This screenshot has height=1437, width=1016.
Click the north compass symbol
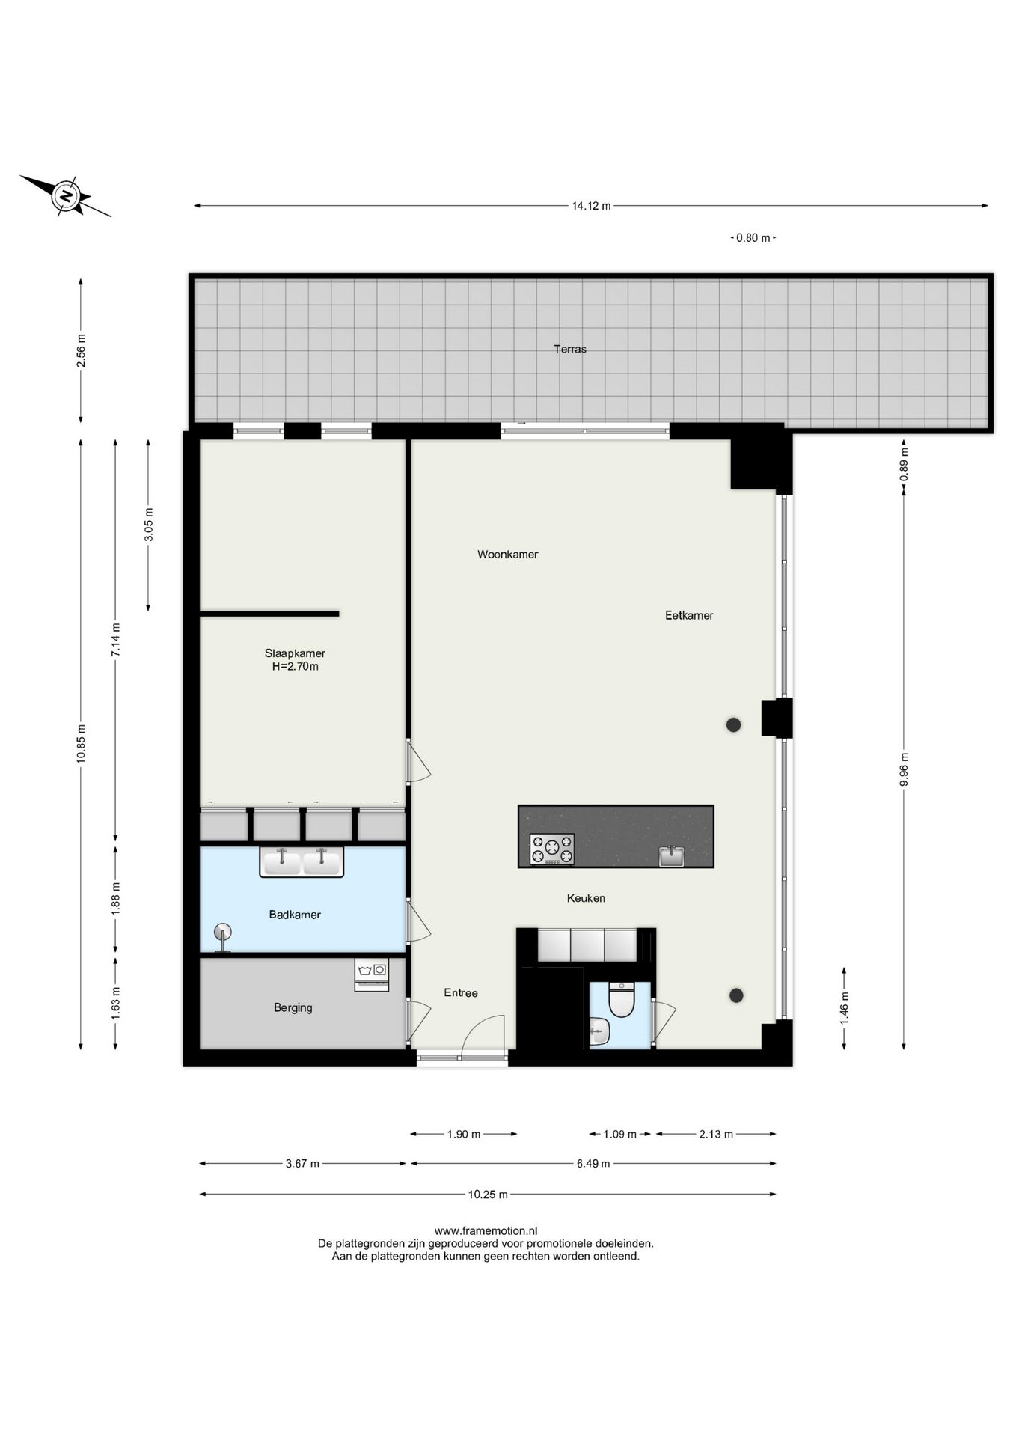point(67,197)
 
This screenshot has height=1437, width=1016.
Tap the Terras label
point(569,349)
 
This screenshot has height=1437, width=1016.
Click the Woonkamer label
point(507,555)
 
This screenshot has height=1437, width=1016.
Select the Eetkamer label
point(688,615)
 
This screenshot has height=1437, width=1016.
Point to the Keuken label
point(585,898)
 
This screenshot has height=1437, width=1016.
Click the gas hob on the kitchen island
point(551,849)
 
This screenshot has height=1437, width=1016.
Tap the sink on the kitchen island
point(671,856)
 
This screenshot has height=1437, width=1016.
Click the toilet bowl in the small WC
point(621,1001)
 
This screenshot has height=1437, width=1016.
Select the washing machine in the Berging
point(372,974)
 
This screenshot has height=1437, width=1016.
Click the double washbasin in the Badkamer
point(302,861)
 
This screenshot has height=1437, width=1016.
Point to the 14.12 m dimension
point(591,206)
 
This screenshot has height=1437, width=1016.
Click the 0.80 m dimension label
point(753,238)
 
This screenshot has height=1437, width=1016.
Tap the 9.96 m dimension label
point(904,769)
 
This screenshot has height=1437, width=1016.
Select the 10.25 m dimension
point(488,1195)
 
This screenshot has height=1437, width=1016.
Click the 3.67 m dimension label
point(302,1163)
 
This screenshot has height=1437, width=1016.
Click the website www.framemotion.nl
point(486,1230)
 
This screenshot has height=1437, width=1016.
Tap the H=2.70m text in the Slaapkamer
point(295,666)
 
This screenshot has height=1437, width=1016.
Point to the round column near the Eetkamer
point(733,724)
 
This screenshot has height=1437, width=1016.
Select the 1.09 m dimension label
point(619,1134)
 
